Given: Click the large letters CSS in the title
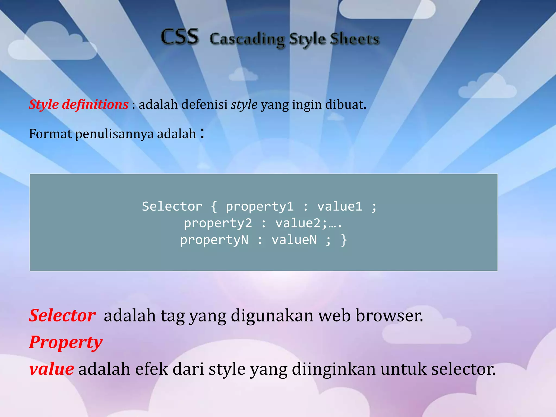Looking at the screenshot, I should [x=180, y=37].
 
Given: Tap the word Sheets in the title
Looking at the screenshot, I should [x=354, y=39].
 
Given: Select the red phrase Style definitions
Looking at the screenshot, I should [x=79, y=105].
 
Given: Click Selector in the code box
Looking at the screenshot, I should [x=172, y=207].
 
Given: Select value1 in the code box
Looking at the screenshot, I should [x=340, y=207].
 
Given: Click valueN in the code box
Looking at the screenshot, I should [x=294, y=240].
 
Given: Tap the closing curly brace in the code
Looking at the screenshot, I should [x=344, y=240].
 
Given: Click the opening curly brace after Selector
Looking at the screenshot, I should [x=214, y=207].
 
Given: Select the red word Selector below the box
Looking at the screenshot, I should [x=62, y=316].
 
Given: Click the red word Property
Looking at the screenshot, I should [x=66, y=342].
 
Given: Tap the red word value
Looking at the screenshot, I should [x=51, y=369].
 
